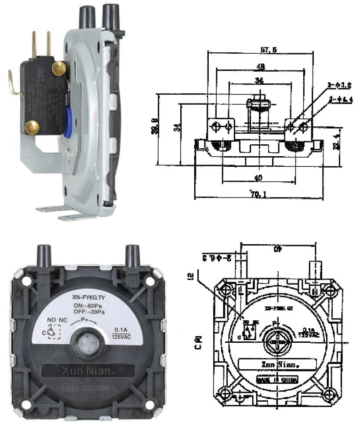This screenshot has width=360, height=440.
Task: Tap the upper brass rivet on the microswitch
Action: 58,67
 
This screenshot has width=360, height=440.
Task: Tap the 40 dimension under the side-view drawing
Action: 259,178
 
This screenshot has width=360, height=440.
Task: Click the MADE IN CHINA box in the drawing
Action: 277,380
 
